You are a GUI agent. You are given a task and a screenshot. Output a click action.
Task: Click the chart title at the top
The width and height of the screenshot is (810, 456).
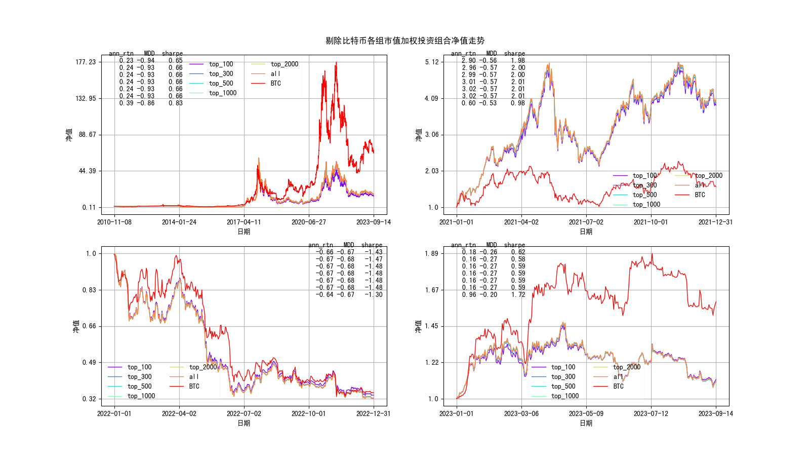point(405,41)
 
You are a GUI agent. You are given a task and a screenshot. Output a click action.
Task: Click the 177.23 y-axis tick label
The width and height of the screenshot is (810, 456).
point(85,62)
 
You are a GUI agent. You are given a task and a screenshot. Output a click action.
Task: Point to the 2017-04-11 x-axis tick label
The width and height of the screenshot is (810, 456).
point(244,222)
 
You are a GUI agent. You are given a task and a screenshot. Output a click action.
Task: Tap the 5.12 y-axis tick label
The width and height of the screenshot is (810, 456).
point(432,62)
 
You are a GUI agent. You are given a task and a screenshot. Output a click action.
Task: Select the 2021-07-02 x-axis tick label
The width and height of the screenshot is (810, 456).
point(586,222)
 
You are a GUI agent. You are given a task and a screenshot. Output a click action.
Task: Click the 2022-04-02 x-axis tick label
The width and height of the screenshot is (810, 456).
point(179,413)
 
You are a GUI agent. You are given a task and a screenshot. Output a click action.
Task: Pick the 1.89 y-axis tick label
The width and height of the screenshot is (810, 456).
point(432,253)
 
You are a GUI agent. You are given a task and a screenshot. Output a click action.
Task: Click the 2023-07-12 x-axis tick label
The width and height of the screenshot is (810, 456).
point(651,413)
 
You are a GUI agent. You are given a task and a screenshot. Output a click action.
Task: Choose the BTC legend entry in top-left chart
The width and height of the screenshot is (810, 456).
point(275,84)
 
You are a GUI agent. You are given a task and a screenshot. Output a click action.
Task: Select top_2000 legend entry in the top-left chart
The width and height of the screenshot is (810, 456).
point(284,64)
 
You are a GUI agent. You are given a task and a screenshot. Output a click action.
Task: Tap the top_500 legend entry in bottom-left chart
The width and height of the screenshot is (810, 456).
point(139,387)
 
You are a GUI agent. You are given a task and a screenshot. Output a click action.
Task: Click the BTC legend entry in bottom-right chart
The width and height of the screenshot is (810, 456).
point(618,387)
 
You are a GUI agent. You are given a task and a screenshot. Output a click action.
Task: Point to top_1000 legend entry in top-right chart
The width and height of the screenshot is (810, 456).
point(646,205)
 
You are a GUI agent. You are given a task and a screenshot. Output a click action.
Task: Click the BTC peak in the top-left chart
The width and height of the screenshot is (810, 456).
point(336,62)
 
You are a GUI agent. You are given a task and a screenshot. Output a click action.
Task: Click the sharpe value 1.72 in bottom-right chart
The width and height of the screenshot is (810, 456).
point(518,295)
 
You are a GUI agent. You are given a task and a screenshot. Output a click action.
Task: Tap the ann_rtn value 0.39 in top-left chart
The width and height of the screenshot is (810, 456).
point(126,103)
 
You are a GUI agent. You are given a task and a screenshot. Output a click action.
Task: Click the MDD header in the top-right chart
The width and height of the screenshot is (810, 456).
point(492,54)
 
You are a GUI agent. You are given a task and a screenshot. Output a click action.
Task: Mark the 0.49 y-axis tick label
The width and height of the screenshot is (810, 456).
point(89,362)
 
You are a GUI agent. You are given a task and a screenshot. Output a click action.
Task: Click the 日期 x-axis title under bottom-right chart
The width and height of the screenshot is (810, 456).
point(586,423)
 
